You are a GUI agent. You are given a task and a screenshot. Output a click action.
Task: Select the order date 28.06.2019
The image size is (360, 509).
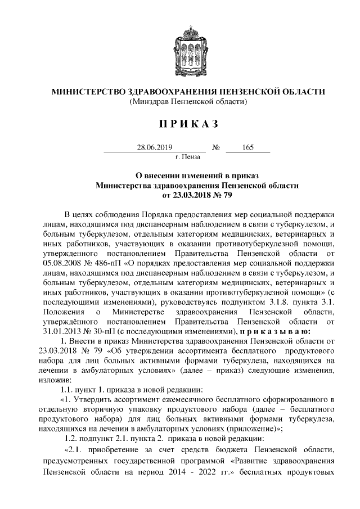pyautogui.click(x=154, y=148)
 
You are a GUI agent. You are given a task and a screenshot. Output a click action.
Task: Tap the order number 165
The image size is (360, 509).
pyautogui.click(x=248, y=148)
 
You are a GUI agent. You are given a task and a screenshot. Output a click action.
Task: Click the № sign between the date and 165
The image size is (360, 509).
pyautogui.click(x=215, y=148)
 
